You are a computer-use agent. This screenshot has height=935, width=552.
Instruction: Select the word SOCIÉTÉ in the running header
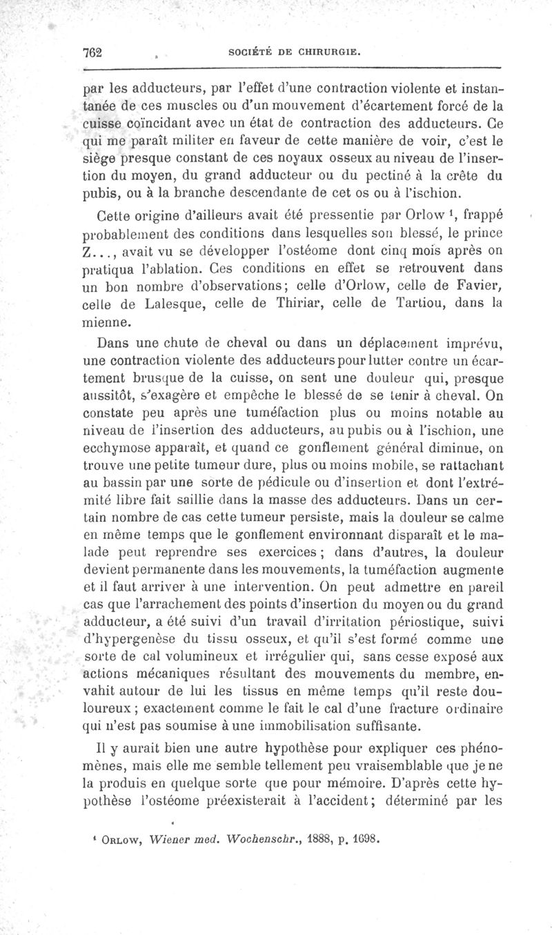click(253, 52)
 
